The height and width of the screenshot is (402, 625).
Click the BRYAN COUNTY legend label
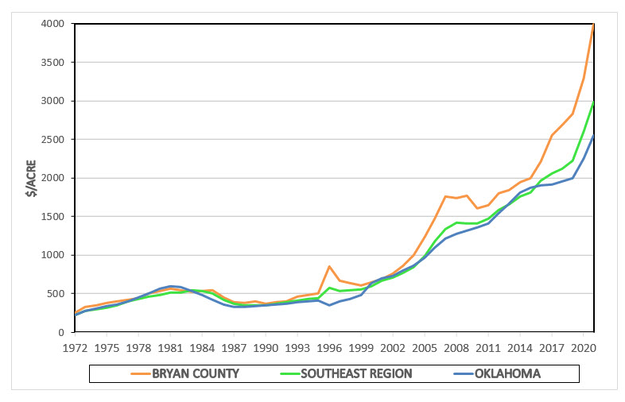(196, 373)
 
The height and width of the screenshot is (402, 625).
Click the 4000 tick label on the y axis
(52, 24)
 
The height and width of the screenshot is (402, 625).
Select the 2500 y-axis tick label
(52, 139)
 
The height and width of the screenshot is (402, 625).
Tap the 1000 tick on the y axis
(52, 255)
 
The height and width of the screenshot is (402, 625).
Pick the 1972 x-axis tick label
(76, 348)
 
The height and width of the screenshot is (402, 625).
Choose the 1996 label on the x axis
(329, 348)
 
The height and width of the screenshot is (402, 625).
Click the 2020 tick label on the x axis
(582, 348)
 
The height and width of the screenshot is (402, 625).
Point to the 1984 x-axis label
(202, 348)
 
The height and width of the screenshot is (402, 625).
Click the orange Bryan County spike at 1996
(329, 266)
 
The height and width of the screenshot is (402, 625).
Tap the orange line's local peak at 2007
(445, 196)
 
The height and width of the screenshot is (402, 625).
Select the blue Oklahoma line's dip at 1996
(329, 305)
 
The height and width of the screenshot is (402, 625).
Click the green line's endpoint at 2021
(593, 102)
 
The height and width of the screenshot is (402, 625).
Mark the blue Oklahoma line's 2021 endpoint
(593, 135)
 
